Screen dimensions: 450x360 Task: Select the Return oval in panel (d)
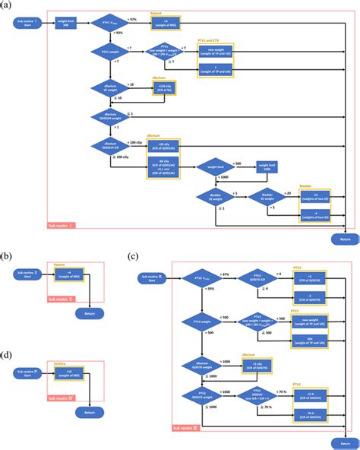[90, 413]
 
